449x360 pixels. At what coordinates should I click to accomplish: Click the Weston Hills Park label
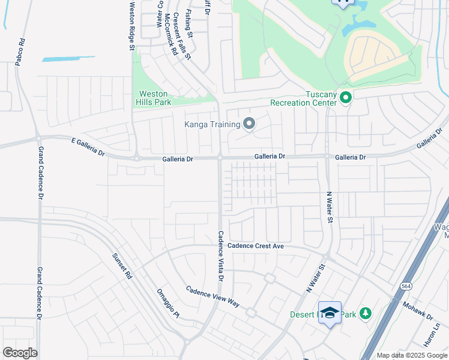155,98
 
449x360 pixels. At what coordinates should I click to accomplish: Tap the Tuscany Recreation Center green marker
345,97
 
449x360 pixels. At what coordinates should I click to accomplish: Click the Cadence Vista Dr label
220,257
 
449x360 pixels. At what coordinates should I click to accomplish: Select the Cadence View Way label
212,296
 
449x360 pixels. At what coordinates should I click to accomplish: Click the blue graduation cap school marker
330,312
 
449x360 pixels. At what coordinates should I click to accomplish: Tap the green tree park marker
365,314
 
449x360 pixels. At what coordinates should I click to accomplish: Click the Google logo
20,353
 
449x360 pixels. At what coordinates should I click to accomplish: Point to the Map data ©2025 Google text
412,355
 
